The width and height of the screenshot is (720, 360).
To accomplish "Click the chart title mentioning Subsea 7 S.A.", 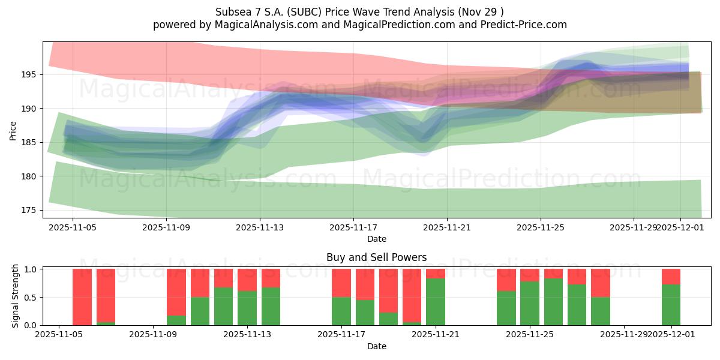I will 359,11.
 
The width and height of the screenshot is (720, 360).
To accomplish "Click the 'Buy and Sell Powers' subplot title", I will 376,257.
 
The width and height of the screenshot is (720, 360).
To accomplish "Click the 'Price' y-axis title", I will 13,130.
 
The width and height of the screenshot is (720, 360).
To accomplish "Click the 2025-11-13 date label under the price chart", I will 260,227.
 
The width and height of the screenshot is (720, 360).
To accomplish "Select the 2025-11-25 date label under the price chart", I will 541,227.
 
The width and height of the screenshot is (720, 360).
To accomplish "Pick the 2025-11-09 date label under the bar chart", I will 154,335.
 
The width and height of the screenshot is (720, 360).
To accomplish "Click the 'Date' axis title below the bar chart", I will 376,346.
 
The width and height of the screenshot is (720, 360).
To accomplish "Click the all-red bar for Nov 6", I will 82,297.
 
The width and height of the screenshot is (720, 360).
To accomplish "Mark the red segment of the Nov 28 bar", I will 600,283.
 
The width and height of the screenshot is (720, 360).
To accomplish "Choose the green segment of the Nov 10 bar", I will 176,320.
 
